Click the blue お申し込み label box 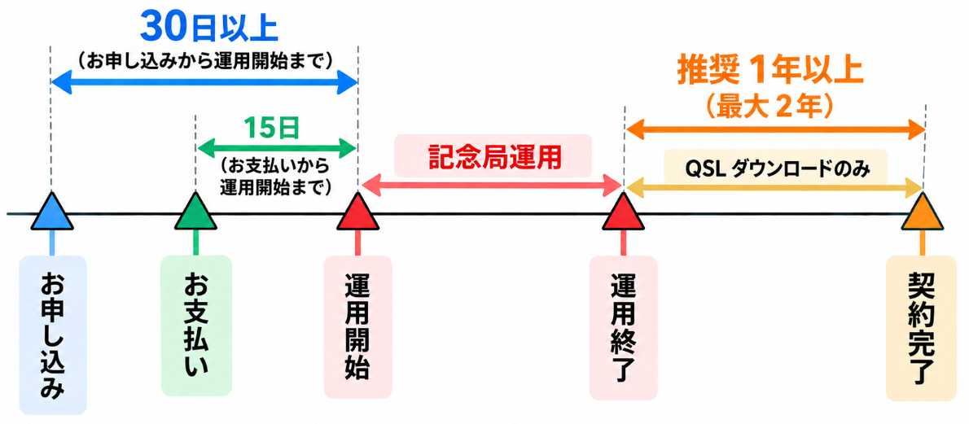(x=53, y=334)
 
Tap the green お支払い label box (x=196, y=326)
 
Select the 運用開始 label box (x=357, y=326)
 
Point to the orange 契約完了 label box (x=921, y=328)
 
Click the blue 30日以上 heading (x=209, y=28)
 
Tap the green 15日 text (x=271, y=129)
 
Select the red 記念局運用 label (x=495, y=158)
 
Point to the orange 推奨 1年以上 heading (x=769, y=72)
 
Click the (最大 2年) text (x=770, y=107)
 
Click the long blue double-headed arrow (x=204, y=82)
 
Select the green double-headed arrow (x=276, y=149)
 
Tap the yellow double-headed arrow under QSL (x=774, y=186)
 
